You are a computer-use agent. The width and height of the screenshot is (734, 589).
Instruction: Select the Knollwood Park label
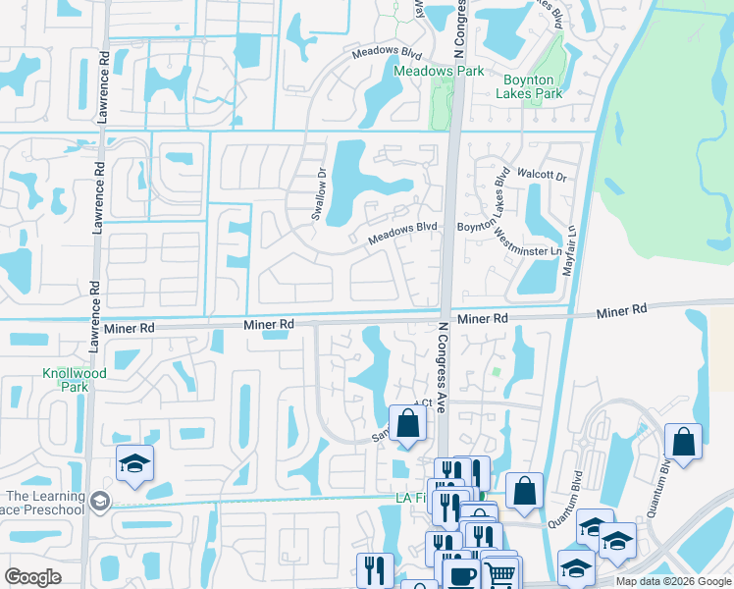coord(65,380)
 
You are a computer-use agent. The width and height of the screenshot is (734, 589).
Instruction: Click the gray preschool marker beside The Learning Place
coord(99,502)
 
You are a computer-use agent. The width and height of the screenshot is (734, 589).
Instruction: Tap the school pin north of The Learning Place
coord(134,464)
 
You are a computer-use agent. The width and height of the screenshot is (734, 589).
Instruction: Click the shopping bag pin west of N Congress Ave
coord(408,425)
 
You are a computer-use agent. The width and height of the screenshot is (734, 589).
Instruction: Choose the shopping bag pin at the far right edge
coord(683,443)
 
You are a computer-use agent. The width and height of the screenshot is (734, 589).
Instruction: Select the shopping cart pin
coord(500,574)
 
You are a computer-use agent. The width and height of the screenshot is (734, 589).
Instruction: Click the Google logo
coord(33,577)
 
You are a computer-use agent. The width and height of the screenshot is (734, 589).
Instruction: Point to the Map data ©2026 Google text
coord(672,581)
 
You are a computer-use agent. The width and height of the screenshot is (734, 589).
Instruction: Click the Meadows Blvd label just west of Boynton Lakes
coord(402,233)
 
